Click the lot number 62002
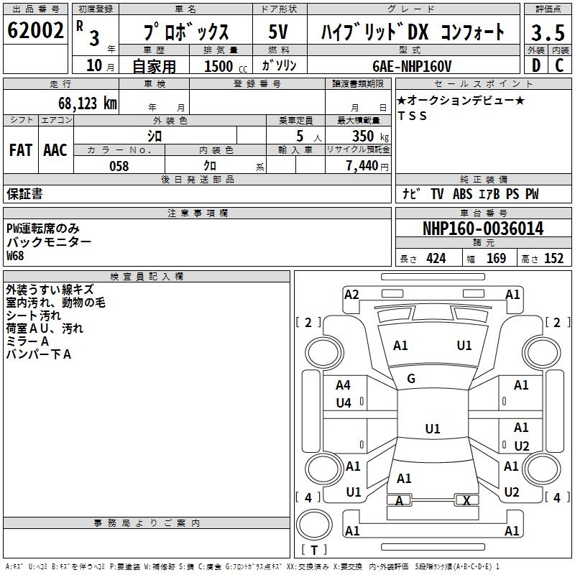(36, 31)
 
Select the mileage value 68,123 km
(87, 103)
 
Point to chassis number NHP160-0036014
(483, 229)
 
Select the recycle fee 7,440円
(367, 166)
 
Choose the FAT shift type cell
(21, 150)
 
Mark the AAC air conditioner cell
(55, 150)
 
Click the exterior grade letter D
(535, 65)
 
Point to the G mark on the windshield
(411, 379)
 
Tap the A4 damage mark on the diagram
(344, 386)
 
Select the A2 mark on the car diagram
(351, 294)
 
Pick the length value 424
(436, 258)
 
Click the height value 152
(553, 258)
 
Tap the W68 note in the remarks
(15, 256)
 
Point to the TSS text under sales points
(412, 116)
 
